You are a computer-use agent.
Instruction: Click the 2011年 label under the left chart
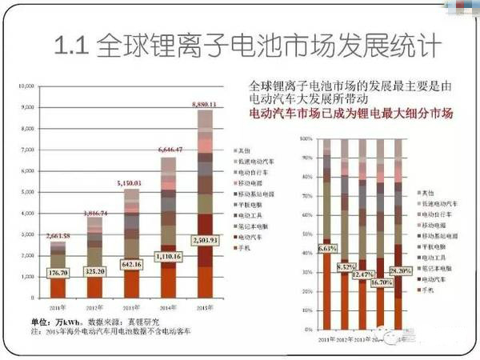click(58, 309)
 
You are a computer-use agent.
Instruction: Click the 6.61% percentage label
click(328, 249)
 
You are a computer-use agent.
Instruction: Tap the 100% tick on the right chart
click(306, 138)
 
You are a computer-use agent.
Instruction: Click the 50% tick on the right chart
click(307, 234)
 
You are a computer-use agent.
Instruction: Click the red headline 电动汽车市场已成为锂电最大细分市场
click(351, 114)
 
